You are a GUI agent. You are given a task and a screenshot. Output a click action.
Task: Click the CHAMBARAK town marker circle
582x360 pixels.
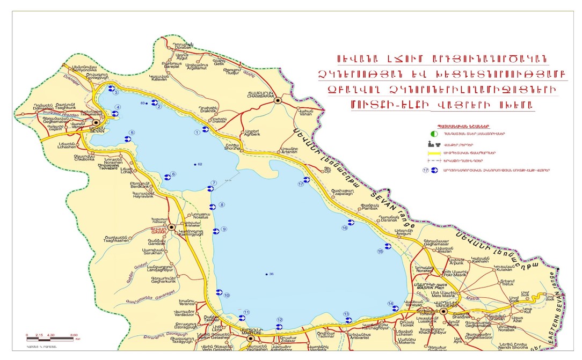click(277, 100)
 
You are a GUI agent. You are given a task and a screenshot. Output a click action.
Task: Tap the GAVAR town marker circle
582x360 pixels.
click(171, 227)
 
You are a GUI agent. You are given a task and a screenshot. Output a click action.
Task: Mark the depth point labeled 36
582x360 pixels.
click(266, 274)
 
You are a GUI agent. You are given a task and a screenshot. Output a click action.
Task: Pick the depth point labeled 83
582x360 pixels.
click(147, 102)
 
